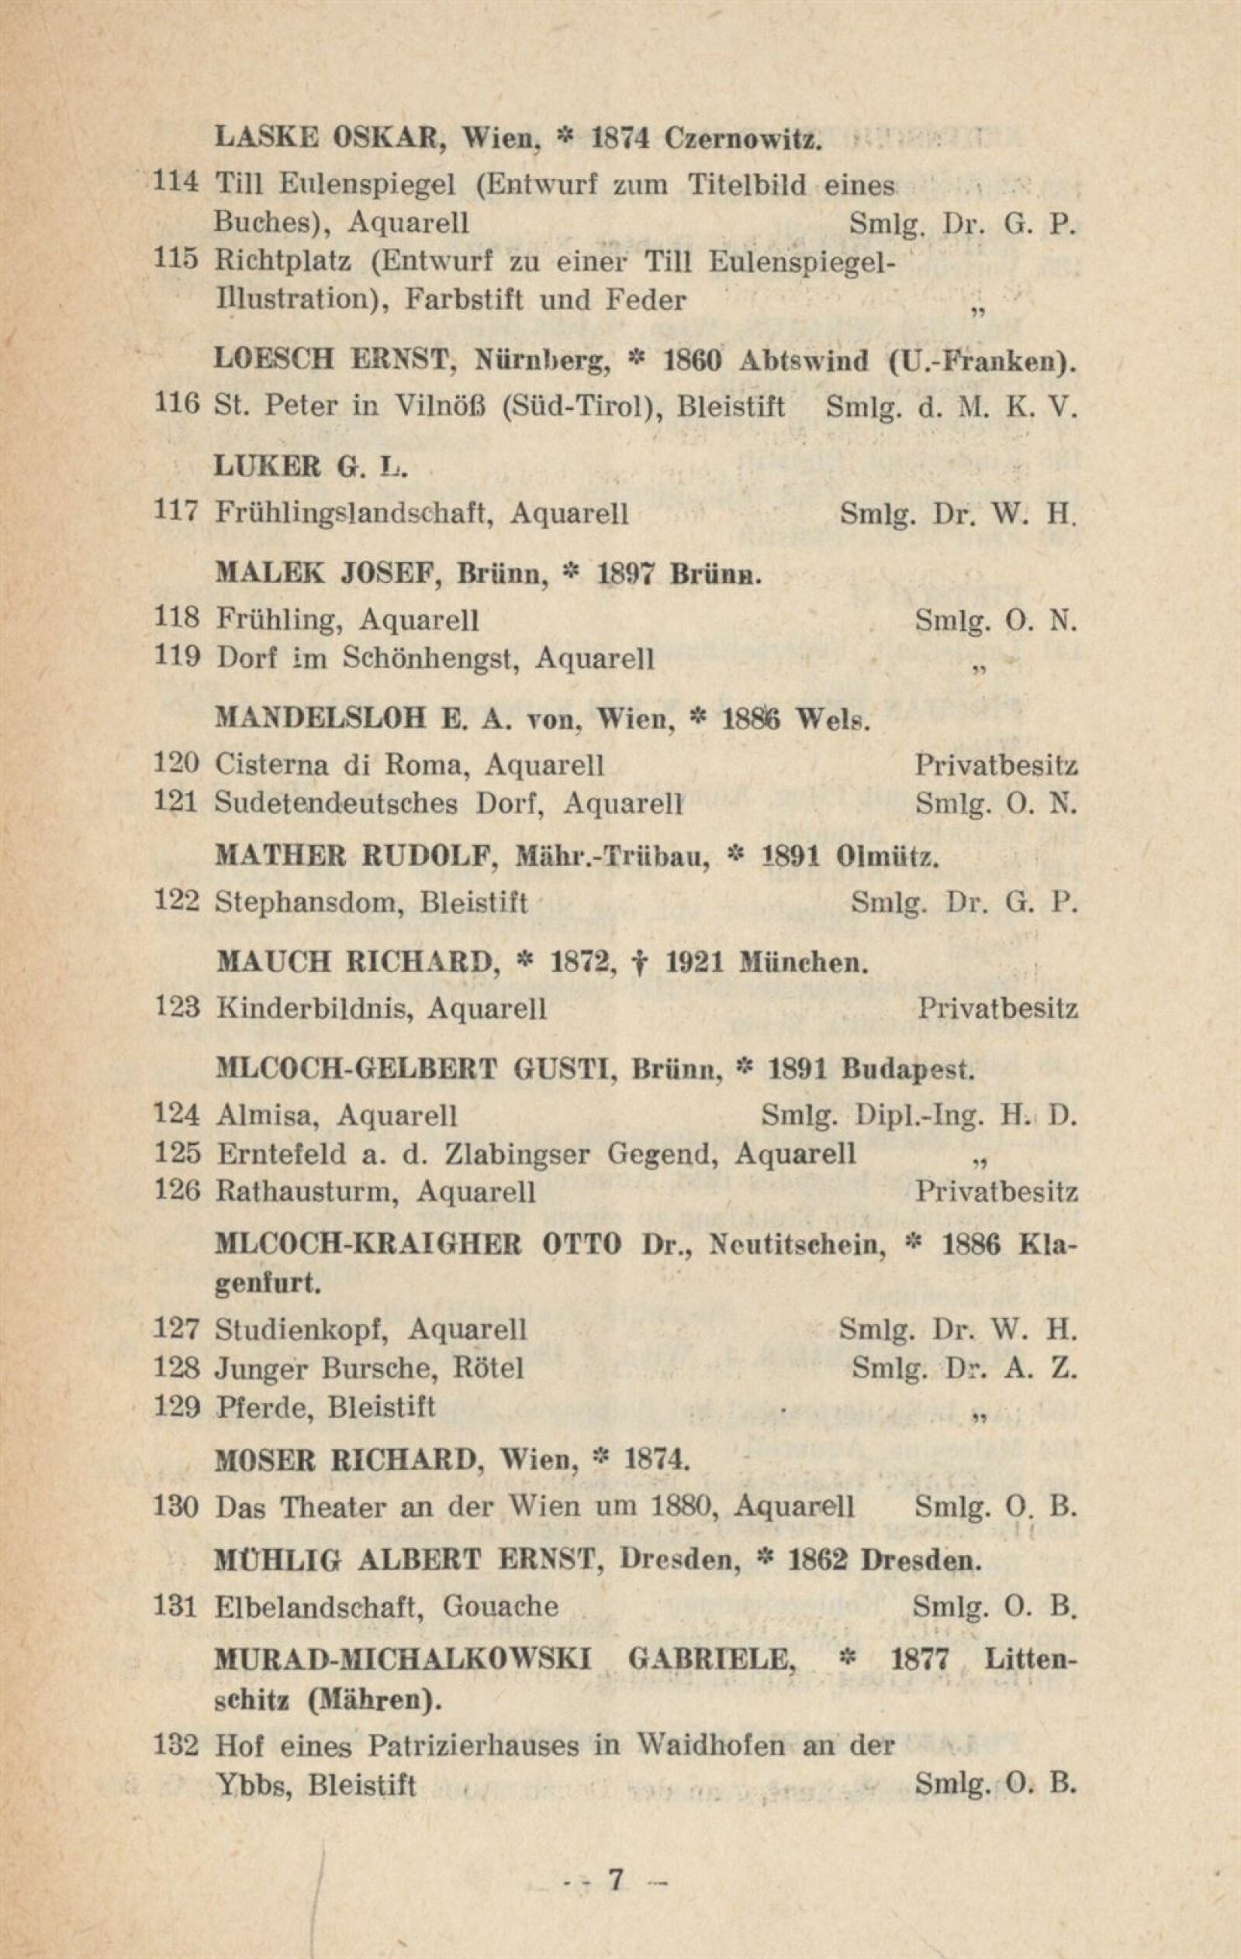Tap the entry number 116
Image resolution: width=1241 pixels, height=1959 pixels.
pyautogui.click(x=177, y=405)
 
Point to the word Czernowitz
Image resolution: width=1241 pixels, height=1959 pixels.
pyautogui.click(x=741, y=138)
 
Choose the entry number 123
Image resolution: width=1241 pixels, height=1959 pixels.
pyautogui.click(x=177, y=1008)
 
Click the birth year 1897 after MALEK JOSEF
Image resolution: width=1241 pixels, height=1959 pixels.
pyautogui.click(x=627, y=574)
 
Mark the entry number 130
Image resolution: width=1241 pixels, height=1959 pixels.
pyautogui.click(x=177, y=1507)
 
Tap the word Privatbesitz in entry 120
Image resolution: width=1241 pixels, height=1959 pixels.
pyautogui.click(x=996, y=764)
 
